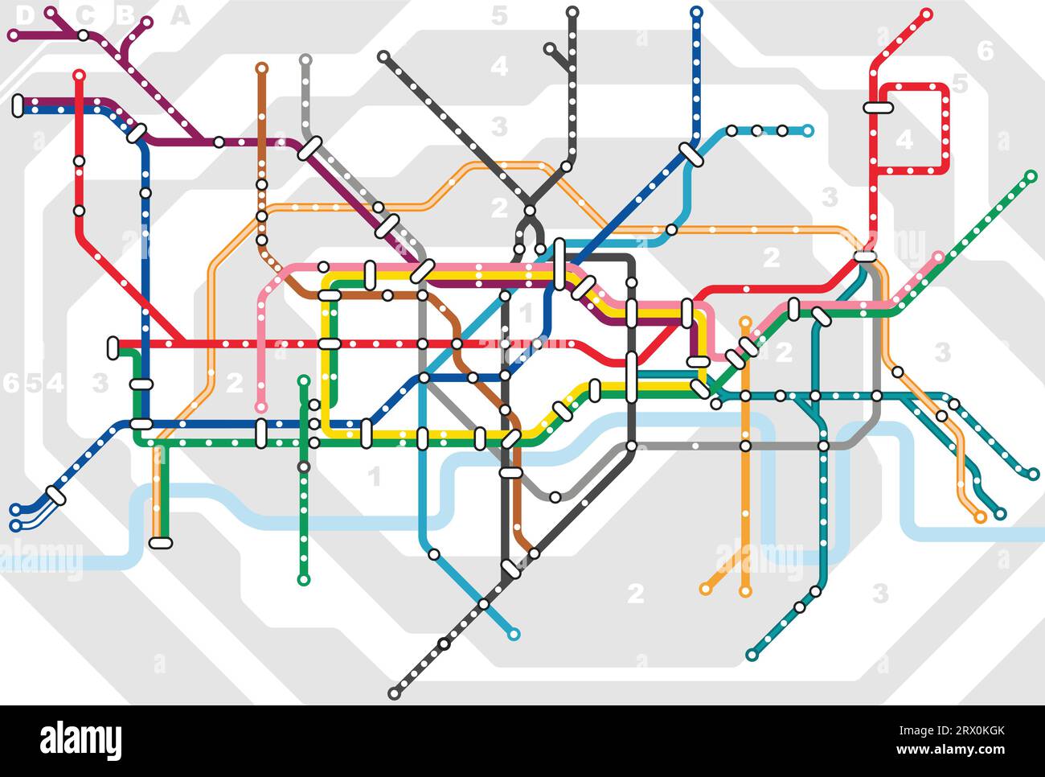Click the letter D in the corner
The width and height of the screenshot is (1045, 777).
25,14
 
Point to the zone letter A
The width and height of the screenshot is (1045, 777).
180,14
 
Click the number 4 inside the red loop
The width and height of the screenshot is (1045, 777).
904,139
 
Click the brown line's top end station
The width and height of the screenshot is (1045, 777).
261,68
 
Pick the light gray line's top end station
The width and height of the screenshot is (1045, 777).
305,60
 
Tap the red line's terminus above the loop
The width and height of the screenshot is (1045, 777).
927,14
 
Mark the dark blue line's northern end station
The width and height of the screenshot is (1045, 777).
696,12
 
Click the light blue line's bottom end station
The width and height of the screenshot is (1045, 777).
514,634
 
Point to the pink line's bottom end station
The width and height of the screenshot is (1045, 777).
261,407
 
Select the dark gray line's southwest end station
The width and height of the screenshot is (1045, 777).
394,693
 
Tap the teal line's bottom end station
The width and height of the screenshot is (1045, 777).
752,655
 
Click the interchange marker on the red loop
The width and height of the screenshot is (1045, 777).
879,107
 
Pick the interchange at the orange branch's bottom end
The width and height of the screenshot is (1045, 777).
161,542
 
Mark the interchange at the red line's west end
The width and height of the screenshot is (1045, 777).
113,347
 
